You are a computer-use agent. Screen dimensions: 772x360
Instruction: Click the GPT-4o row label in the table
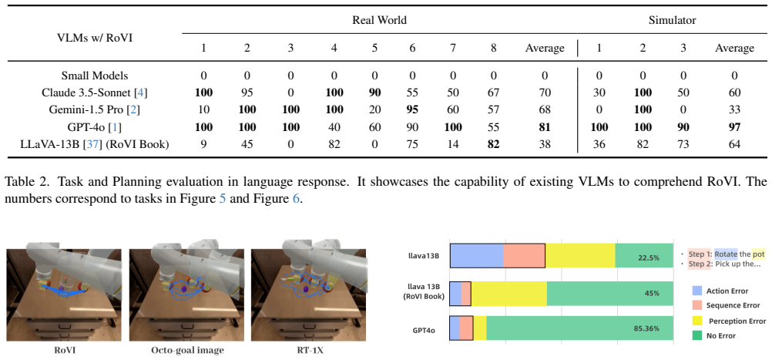(x=95, y=127)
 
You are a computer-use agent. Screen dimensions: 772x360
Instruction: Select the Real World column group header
(x=379, y=20)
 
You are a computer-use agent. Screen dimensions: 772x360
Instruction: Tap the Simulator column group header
(x=672, y=20)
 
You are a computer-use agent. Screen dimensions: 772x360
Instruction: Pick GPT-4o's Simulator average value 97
(x=734, y=127)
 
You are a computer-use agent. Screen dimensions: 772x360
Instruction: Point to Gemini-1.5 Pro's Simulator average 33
(x=734, y=109)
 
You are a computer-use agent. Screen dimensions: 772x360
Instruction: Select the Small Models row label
(x=95, y=76)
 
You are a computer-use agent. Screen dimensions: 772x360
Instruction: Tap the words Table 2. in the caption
(x=22, y=181)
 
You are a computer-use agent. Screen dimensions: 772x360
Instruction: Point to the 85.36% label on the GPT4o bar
(x=646, y=328)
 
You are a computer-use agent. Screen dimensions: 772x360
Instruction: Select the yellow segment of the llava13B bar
(x=580, y=255)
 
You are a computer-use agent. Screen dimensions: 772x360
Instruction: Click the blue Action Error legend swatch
(x=697, y=291)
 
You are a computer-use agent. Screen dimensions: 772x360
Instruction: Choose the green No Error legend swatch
(x=697, y=335)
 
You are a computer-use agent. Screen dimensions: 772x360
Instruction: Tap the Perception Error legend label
(x=737, y=321)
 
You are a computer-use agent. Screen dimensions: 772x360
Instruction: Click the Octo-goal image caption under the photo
(x=187, y=351)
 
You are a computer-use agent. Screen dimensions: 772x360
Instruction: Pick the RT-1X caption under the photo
(x=310, y=351)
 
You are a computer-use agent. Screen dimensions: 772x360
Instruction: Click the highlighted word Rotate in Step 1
(x=726, y=254)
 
